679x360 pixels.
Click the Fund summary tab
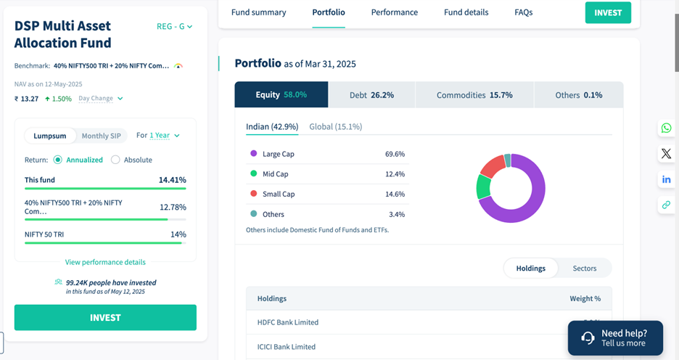[x=258, y=12]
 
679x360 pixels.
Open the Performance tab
[x=394, y=12]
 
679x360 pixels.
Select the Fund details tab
[x=466, y=12]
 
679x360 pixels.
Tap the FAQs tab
[x=523, y=12]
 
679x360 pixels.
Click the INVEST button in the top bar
[x=608, y=12]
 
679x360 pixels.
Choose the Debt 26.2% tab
[x=371, y=95]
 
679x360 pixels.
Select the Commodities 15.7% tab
[x=474, y=95]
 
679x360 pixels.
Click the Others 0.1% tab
[x=578, y=95]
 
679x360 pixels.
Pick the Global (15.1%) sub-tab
[x=335, y=126]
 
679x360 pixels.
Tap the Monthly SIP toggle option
[x=101, y=136]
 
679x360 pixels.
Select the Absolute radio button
[x=115, y=160]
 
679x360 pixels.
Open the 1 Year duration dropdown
[x=164, y=136]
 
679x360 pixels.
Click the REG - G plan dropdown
[x=174, y=27]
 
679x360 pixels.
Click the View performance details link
[x=105, y=262]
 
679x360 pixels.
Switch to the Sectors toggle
[x=584, y=269]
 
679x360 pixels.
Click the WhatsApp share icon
[x=666, y=128]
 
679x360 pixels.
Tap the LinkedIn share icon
[x=666, y=179]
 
